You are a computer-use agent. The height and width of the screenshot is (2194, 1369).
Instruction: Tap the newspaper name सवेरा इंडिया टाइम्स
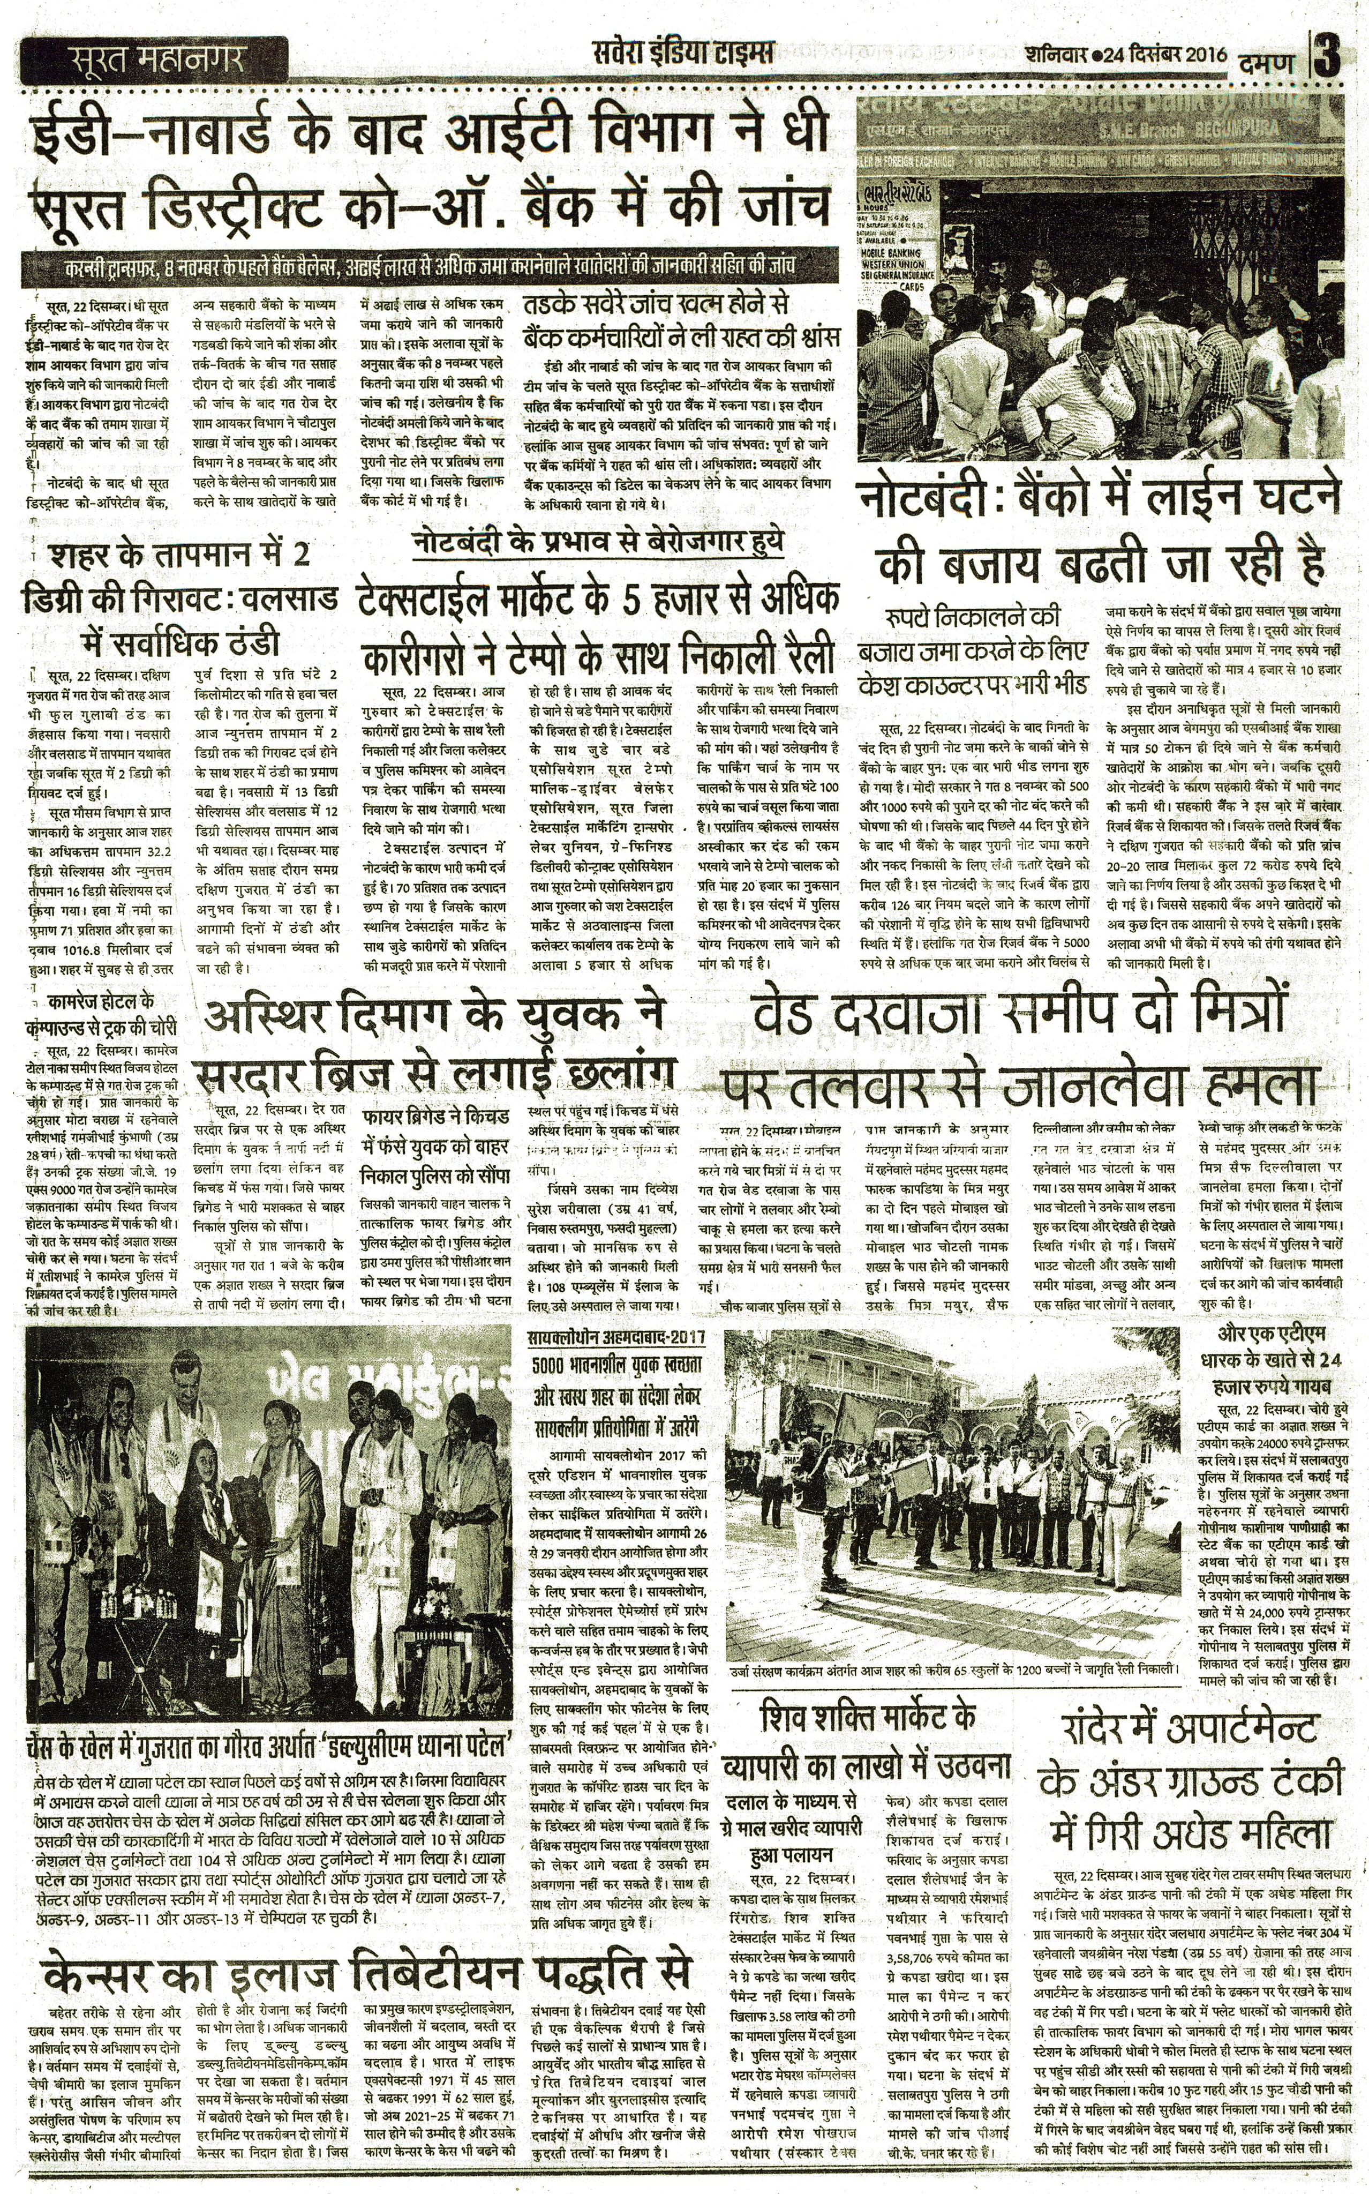(x=683, y=54)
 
